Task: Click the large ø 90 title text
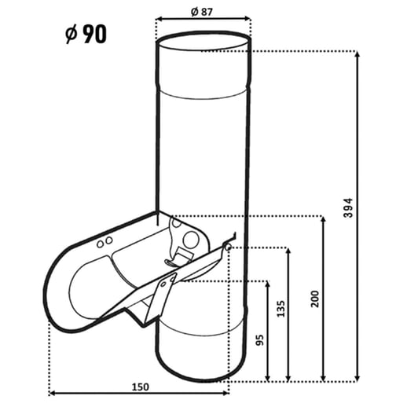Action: [x=86, y=34]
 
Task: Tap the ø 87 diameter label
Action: [x=202, y=12]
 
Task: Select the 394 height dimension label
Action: [x=349, y=208]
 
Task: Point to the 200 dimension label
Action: [x=314, y=299]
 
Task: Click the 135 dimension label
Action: [x=280, y=309]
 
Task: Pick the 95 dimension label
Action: [x=259, y=340]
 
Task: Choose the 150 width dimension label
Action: [x=141, y=387]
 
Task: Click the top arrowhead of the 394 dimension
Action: [x=357, y=54]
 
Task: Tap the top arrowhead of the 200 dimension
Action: [x=324, y=219]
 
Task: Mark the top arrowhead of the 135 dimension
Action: [x=288, y=251]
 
